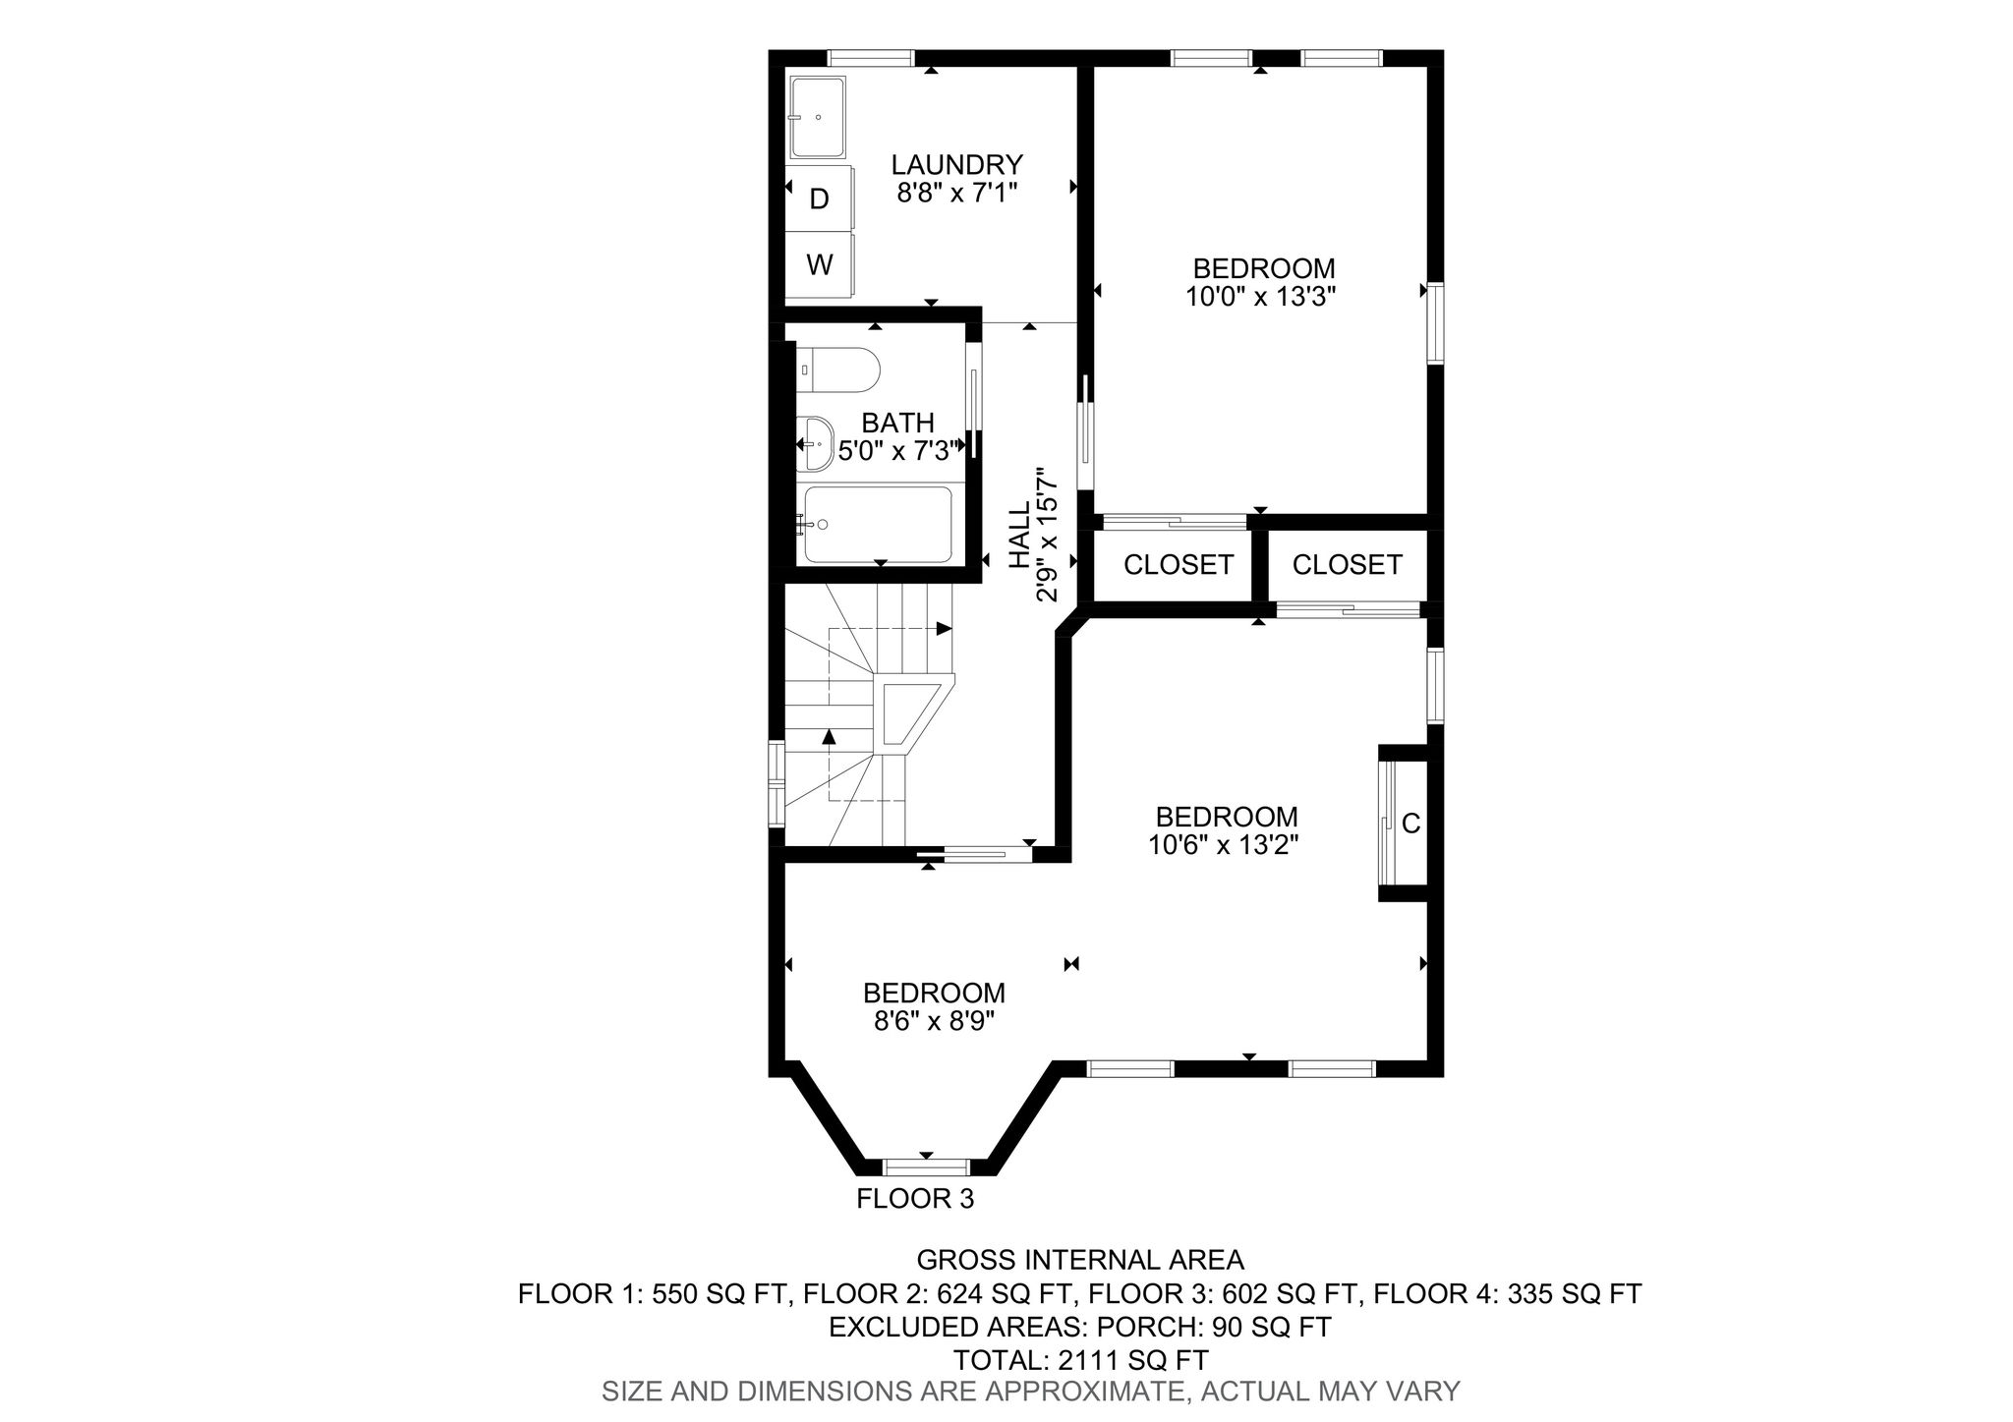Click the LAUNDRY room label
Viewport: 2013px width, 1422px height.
coord(956,164)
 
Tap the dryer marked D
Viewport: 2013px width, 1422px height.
coord(819,199)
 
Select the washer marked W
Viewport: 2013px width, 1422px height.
coord(819,264)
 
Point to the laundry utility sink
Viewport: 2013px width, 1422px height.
coord(818,116)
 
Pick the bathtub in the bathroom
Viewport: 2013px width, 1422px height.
coord(878,524)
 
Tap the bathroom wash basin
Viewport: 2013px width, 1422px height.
coord(815,443)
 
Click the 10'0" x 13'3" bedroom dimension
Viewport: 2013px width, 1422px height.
coord(1262,296)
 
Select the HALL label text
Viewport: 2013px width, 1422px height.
coord(1021,536)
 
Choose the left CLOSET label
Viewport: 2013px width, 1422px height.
coord(1178,565)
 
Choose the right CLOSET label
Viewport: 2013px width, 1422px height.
coord(1347,565)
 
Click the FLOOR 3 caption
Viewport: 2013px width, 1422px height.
coord(915,1199)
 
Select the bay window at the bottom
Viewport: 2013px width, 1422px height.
coord(925,1167)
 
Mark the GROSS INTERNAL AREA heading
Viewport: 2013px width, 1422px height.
coord(1080,1260)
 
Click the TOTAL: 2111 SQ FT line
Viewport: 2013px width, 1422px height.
coord(1080,1360)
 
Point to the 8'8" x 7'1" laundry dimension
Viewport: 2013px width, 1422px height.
coord(956,192)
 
